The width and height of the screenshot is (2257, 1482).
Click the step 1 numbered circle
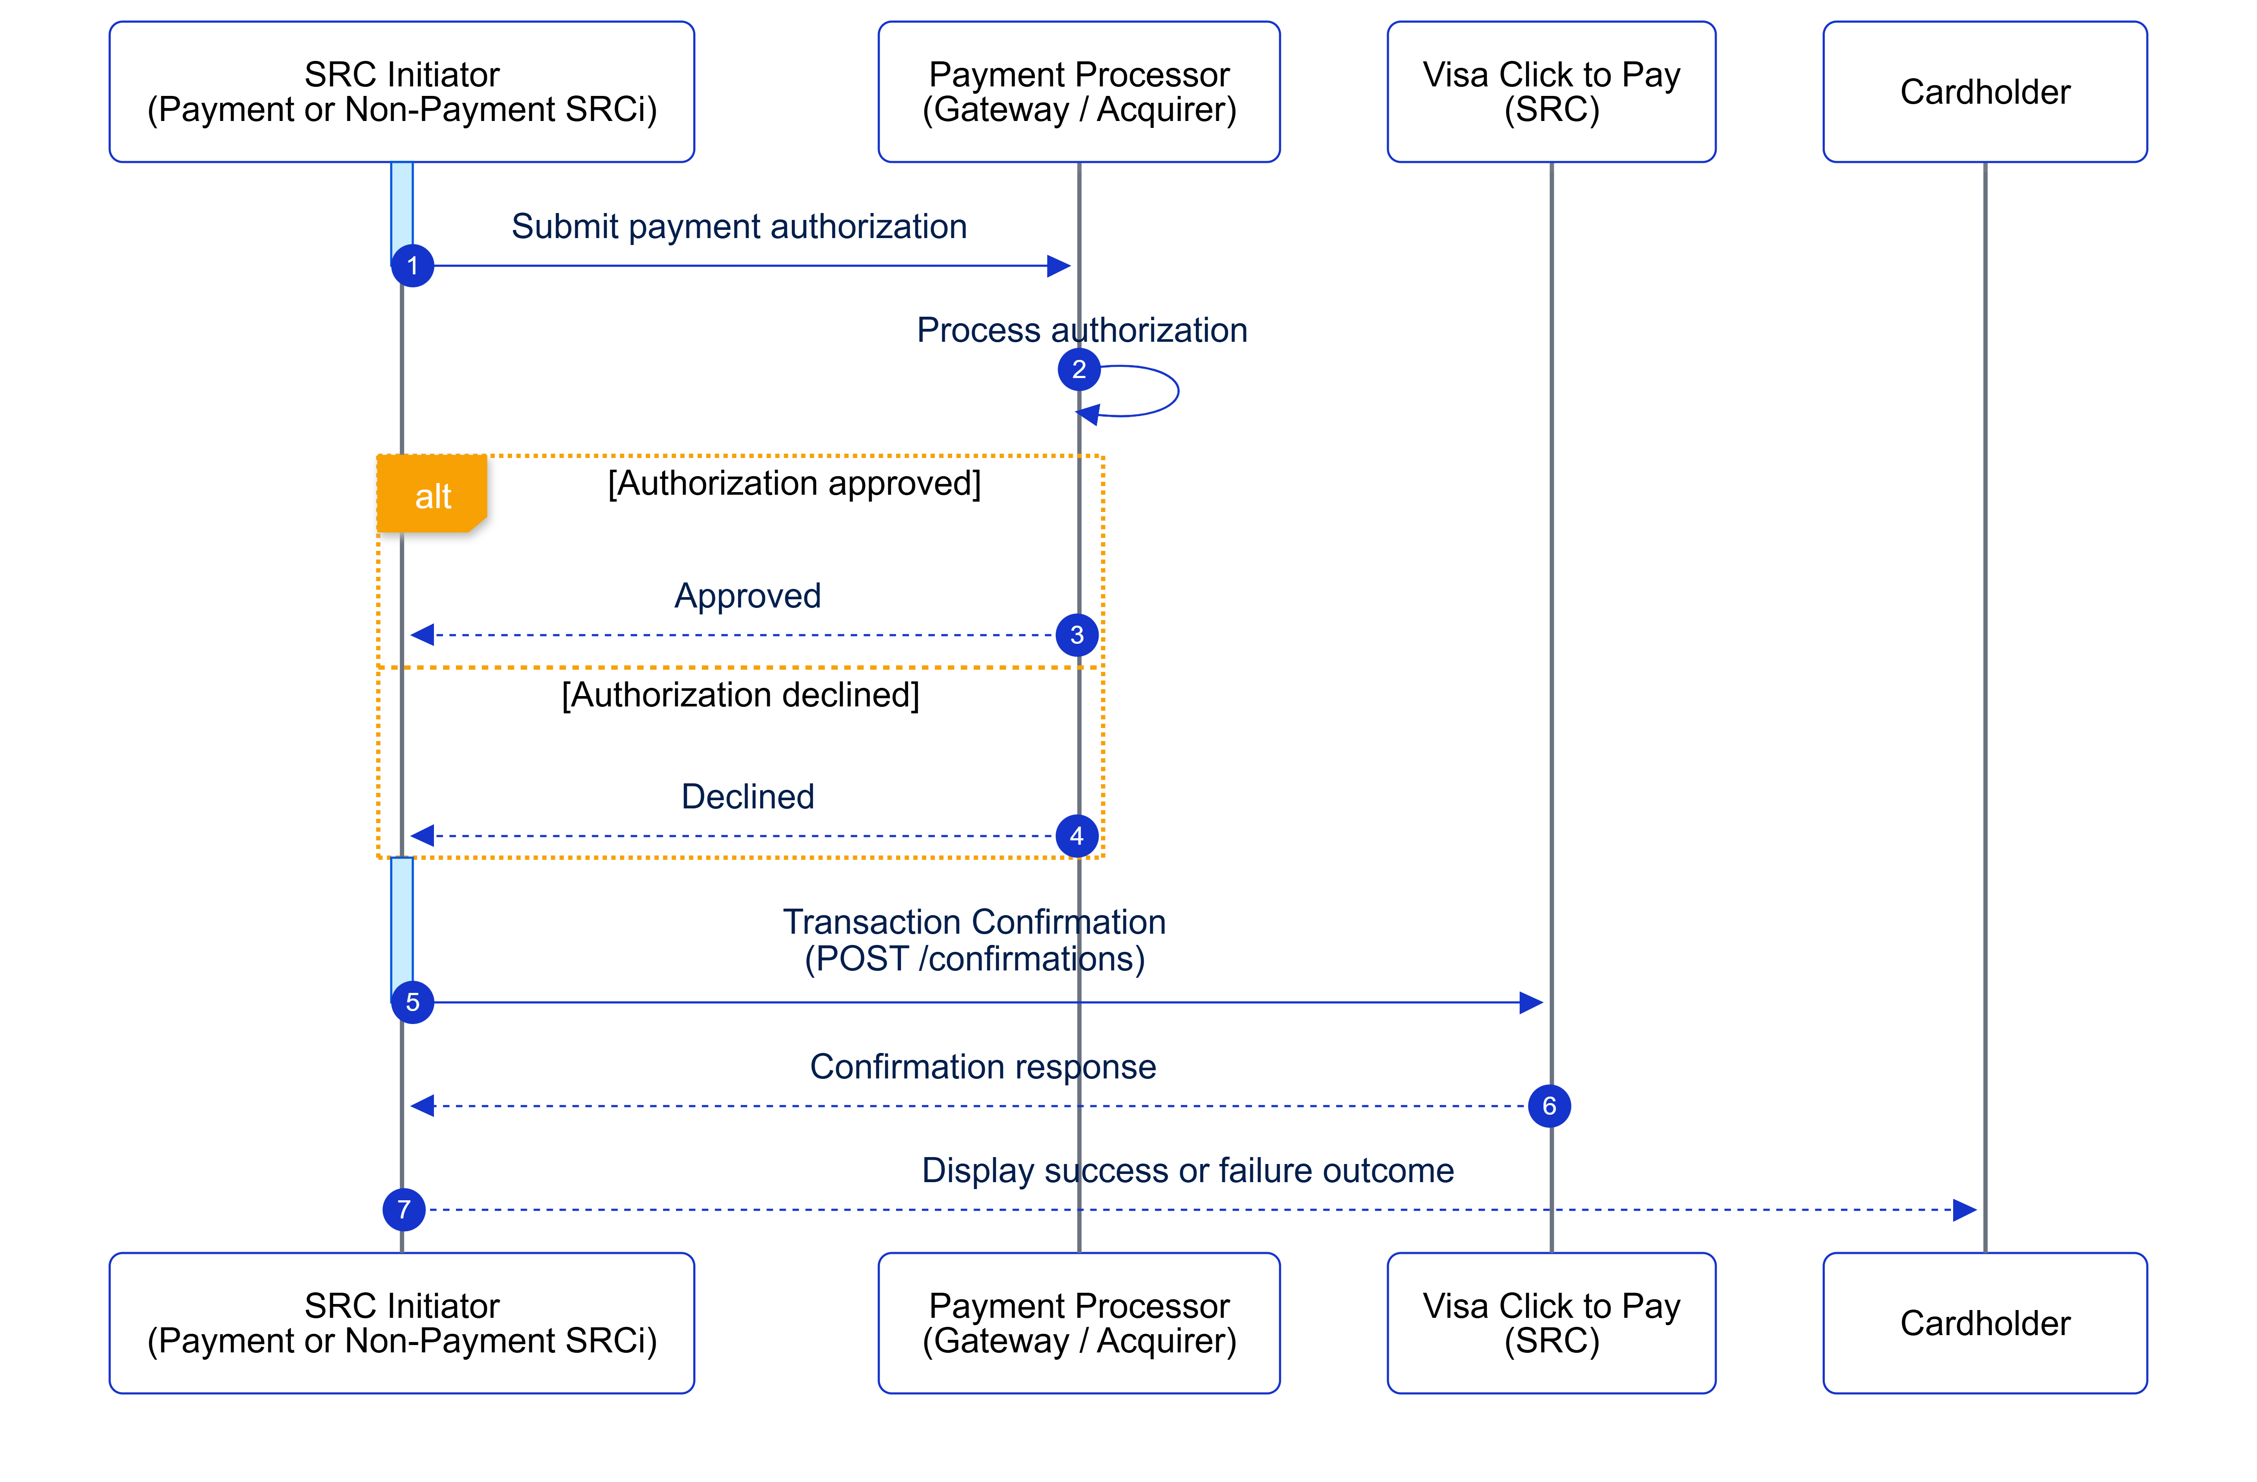pyautogui.click(x=412, y=265)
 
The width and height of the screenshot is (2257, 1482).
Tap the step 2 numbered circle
pyautogui.click(x=1078, y=369)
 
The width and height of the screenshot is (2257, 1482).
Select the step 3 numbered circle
pyautogui.click(x=1076, y=635)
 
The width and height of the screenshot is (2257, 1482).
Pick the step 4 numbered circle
pyautogui.click(x=1076, y=836)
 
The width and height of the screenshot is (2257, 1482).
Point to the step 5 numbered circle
pyautogui.click(x=412, y=1002)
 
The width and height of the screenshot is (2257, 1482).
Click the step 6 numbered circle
pyautogui.click(x=1549, y=1106)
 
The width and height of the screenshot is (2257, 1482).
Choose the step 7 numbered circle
pyautogui.click(x=404, y=1210)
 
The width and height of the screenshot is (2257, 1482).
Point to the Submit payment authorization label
pyautogui.click(x=739, y=226)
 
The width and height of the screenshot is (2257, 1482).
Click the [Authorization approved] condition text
pyautogui.click(x=794, y=483)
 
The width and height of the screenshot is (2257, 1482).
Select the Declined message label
pyautogui.click(x=747, y=796)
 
